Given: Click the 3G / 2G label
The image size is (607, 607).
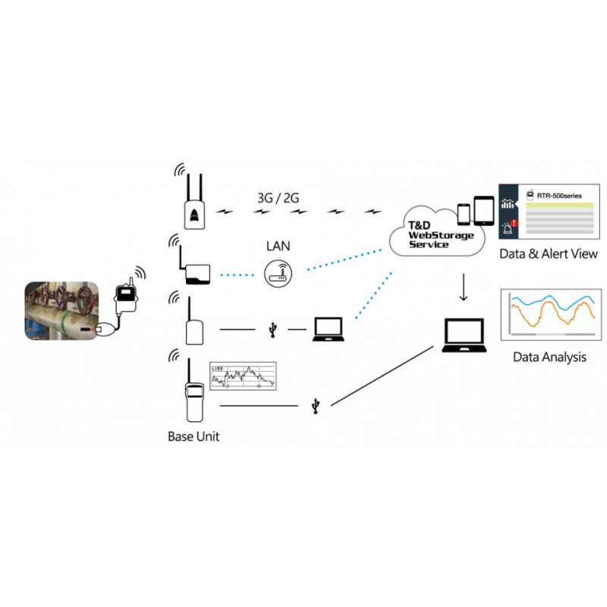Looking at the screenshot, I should [x=278, y=198].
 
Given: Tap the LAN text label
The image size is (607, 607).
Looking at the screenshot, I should [x=278, y=247].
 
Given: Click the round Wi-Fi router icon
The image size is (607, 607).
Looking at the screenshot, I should [x=278, y=273].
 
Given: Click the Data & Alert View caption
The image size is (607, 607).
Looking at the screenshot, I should [x=548, y=254].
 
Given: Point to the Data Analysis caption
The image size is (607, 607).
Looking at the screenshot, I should [x=549, y=357].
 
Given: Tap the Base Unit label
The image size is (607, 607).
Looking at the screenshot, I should [x=193, y=437].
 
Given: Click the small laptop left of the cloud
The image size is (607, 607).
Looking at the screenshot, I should [x=329, y=328].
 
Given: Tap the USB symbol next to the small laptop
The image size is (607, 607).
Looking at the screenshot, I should [x=273, y=330].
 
